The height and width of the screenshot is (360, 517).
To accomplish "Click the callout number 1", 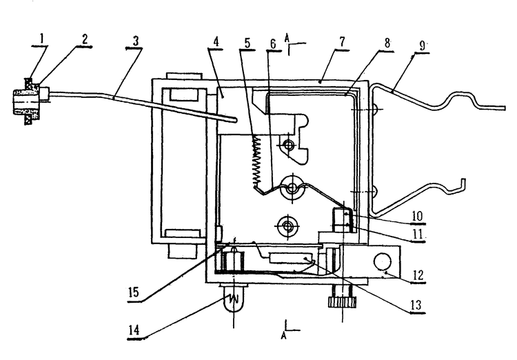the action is point(42,39).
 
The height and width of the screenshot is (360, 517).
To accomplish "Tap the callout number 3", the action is point(135,41).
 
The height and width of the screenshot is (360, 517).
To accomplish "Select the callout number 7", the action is point(342,42).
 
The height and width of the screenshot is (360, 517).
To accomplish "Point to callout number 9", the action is point(423,46).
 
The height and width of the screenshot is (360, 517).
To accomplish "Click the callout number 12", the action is point(418,275).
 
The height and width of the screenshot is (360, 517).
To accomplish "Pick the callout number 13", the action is point(416,305).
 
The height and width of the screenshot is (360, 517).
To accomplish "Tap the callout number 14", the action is point(134,330).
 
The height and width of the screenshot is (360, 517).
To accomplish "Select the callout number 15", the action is point(134,292).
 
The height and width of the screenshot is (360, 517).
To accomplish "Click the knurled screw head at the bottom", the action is point(342,302).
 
